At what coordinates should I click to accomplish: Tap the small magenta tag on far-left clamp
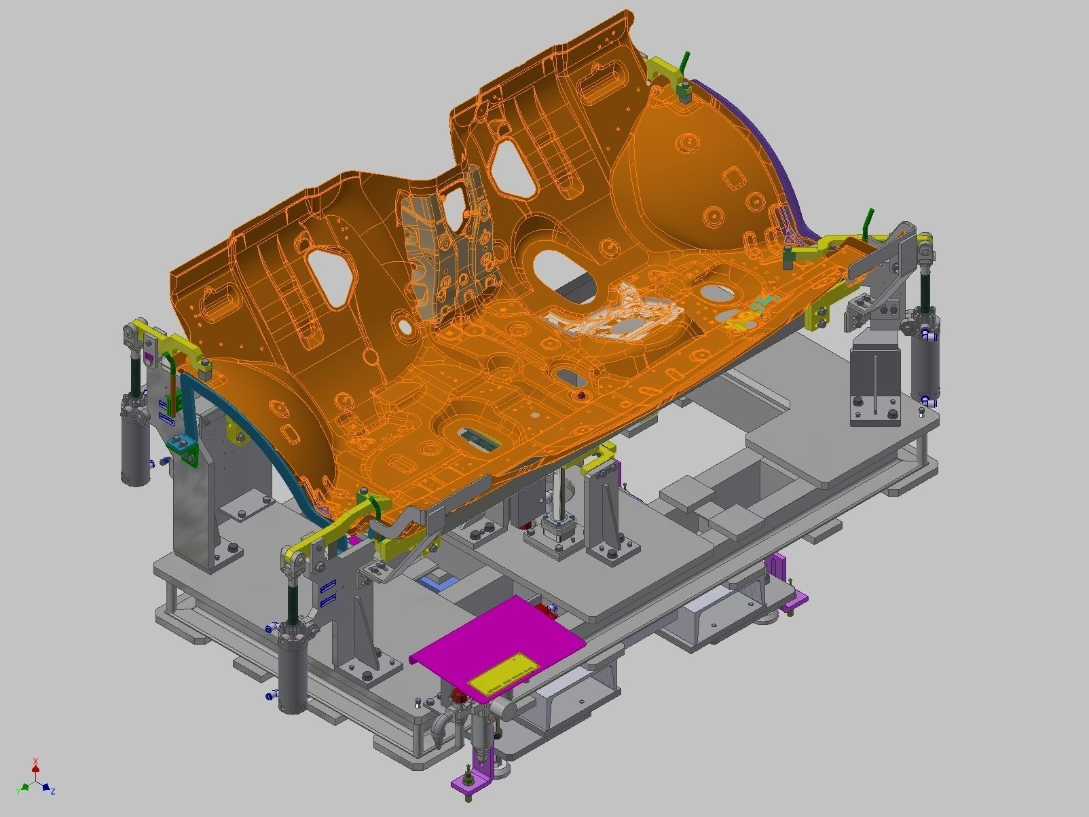pyautogui.click(x=149, y=356)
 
